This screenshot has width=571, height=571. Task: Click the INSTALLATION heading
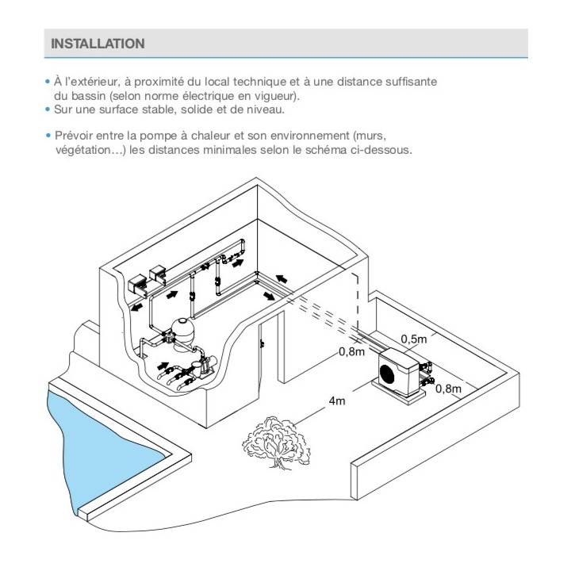coord(98,44)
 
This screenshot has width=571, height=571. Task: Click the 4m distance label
coord(337,401)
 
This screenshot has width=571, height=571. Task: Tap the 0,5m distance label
coord(414,339)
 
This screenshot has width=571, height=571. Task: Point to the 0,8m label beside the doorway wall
coord(352,351)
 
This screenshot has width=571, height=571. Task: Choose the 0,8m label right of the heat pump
coord(449,389)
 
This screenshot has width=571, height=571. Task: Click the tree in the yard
coord(276,442)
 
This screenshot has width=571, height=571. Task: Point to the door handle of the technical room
coord(263,343)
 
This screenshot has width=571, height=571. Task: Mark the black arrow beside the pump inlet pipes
coord(163,366)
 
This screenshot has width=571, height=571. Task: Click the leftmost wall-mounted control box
coord(137,284)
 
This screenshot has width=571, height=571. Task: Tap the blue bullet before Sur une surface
coord(48,109)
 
